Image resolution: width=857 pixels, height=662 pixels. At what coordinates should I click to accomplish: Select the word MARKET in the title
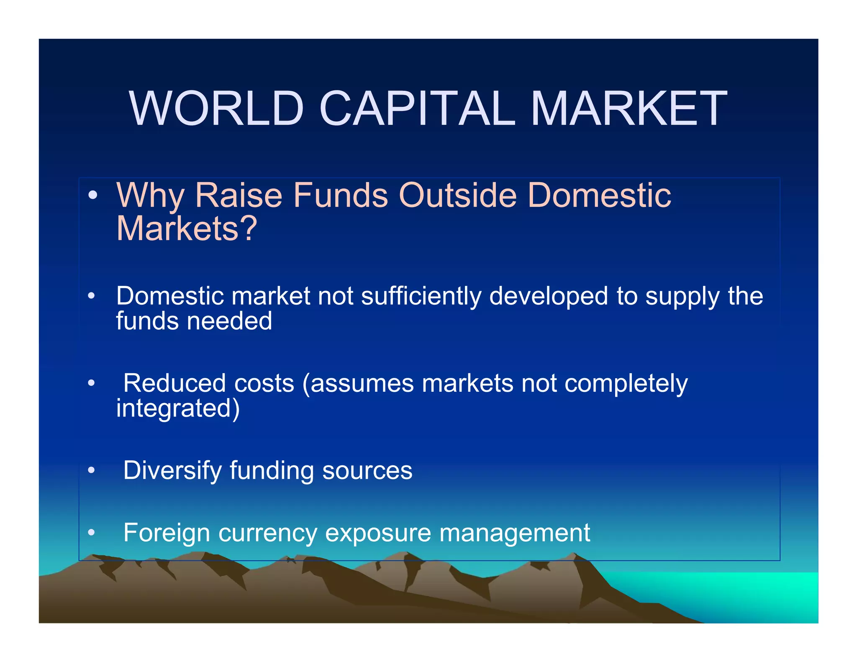click(629, 108)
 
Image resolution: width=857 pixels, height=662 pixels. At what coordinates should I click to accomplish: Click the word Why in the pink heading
click(150, 196)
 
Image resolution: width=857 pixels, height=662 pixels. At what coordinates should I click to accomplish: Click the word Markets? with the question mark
click(186, 229)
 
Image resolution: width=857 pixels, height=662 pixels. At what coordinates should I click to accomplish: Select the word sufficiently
click(421, 296)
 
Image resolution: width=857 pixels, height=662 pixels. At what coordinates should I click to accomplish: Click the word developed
click(549, 296)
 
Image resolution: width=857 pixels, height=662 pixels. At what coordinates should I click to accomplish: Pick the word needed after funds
click(229, 321)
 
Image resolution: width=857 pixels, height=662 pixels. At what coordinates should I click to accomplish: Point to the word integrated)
click(178, 408)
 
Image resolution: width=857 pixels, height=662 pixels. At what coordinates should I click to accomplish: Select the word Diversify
click(172, 471)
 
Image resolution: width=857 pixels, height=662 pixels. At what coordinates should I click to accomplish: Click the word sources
click(367, 471)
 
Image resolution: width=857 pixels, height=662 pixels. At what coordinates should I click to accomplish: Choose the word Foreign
click(166, 533)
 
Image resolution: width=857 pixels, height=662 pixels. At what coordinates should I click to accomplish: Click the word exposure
click(378, 533)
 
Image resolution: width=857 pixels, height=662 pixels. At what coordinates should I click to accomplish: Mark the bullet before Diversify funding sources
click(91, 470)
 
